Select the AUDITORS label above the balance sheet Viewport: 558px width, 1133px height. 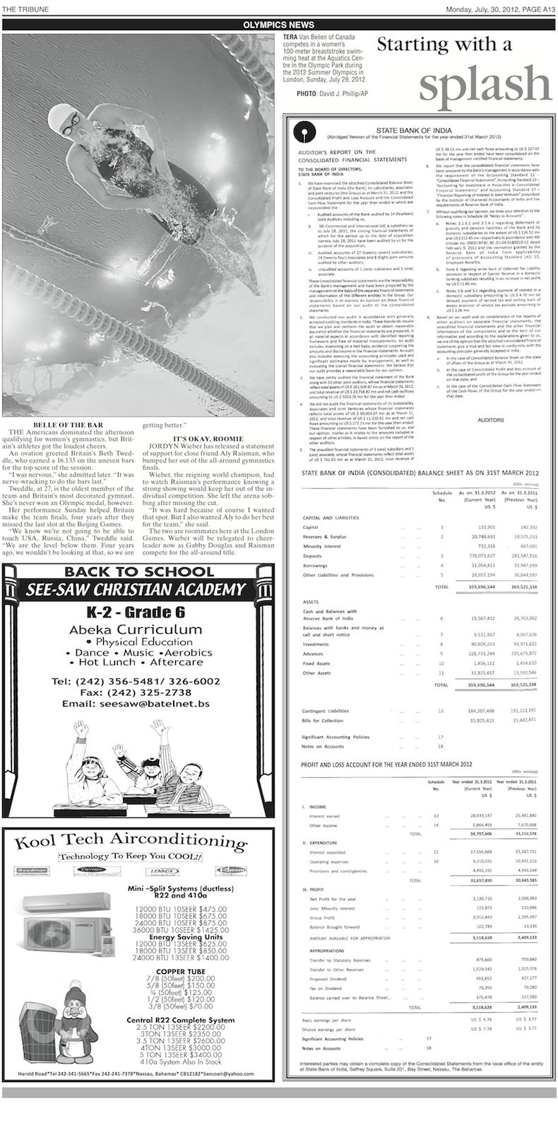click(x=491, y=420)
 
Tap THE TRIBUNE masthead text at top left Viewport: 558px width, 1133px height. click(x=23, y=8)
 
